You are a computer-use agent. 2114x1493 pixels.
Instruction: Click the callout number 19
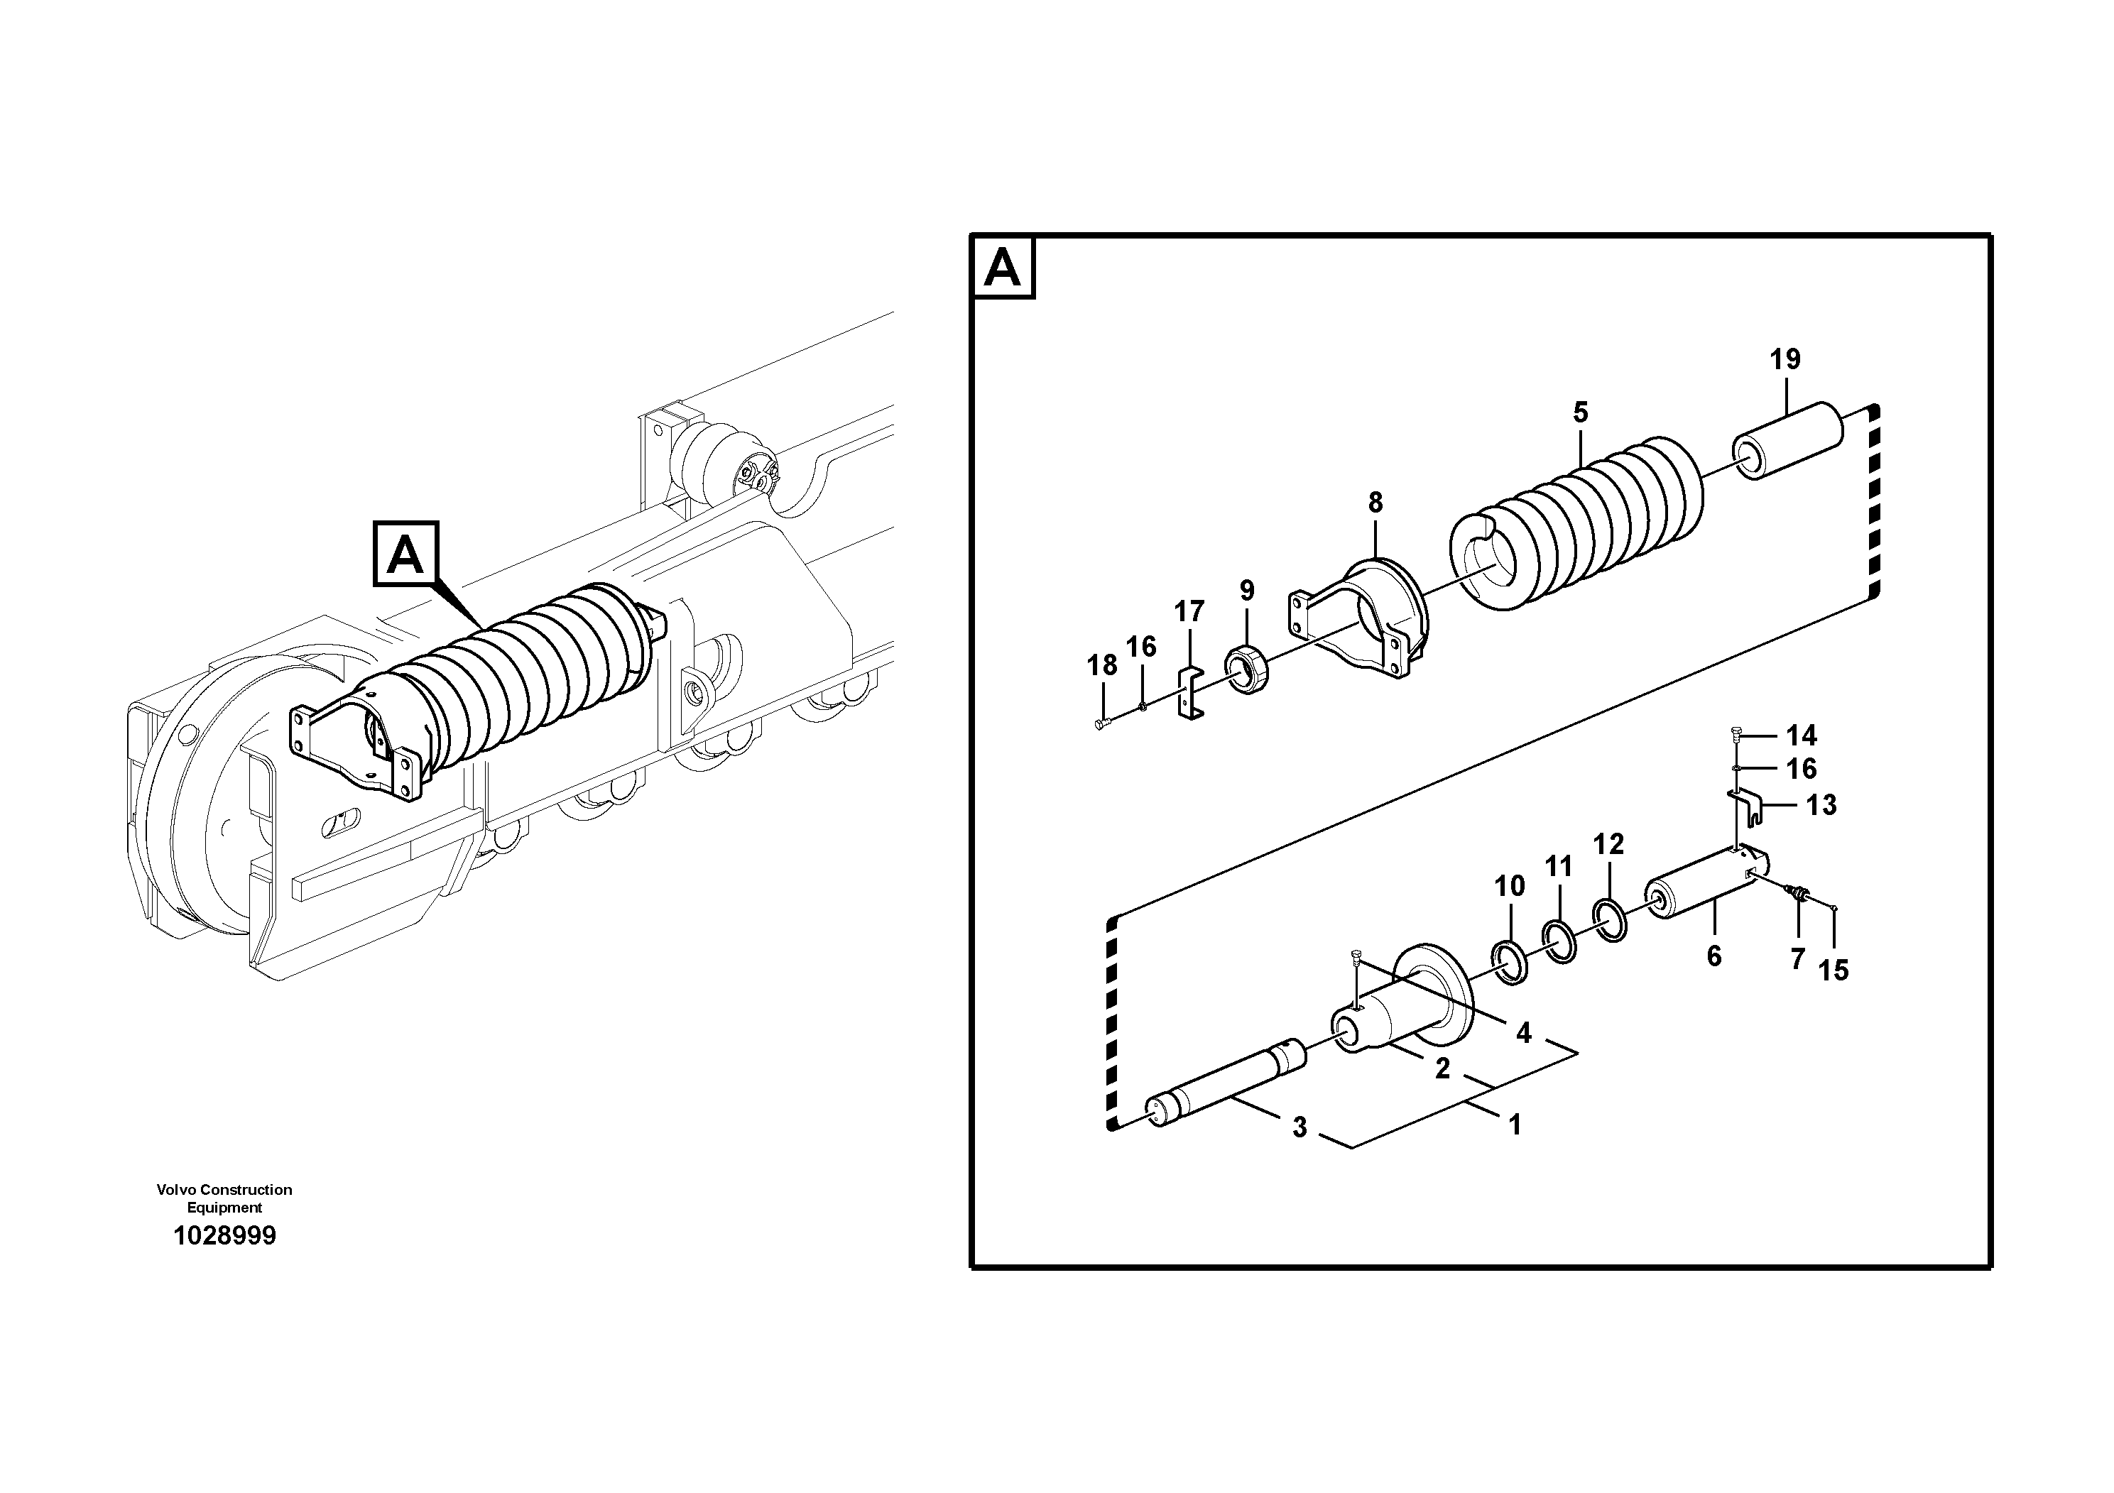1785,360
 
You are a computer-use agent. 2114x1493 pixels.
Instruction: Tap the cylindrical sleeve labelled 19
1790,441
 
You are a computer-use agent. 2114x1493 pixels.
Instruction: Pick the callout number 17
1189,611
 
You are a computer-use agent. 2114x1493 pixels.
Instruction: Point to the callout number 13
1820,805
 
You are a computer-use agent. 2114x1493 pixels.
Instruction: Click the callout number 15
1832,970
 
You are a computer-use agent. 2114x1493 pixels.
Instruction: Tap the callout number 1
1514,1125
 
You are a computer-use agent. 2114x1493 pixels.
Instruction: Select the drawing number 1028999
224,1235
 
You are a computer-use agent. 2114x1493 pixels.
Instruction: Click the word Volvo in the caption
176,1189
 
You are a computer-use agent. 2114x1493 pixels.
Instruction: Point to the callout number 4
1523,1034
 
